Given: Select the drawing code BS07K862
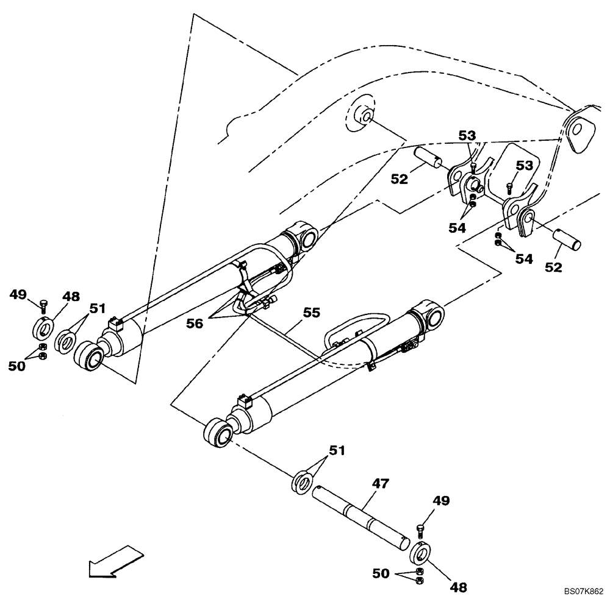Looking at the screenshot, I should tap(583, 592).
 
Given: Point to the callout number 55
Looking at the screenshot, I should tap(312, 313).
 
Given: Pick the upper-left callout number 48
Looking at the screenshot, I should tap(71, 297).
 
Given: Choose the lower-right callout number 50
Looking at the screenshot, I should tap(381, 573).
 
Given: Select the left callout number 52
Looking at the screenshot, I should tap(400, 179).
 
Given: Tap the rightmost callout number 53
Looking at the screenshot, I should tap(525, 165).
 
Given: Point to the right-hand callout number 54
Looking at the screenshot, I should tap(523, 259).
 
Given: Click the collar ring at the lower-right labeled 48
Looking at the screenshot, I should tap(420, 553).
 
